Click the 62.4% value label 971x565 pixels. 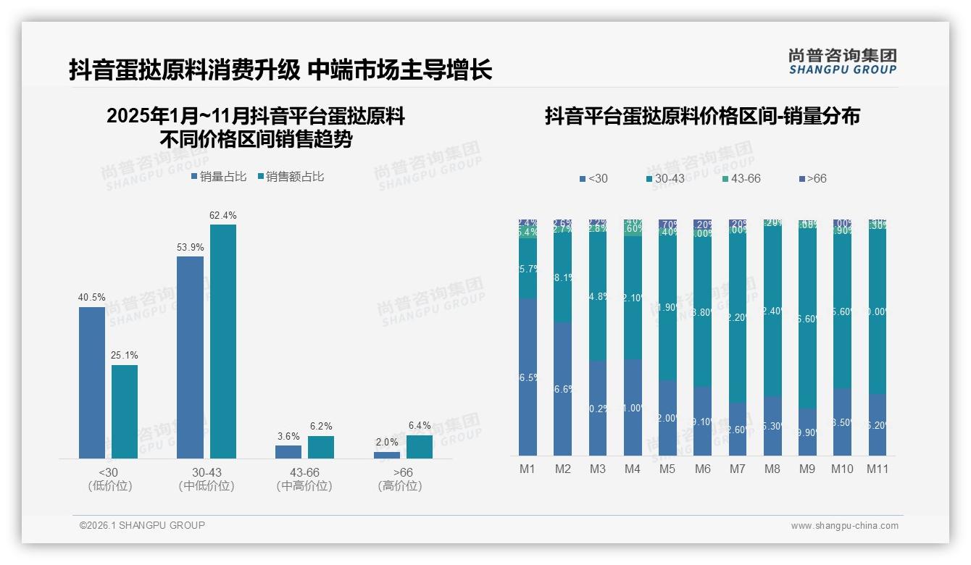[223, 216]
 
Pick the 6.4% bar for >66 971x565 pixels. [420, 447]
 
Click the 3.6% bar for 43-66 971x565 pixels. [288, 452]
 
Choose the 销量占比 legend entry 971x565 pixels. [220, 176]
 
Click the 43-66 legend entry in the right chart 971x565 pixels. [741, 178]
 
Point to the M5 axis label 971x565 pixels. [667, 469]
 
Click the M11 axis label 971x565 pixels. [878, 469]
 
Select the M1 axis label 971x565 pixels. [528, 469]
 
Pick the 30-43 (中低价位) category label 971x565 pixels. [207, 480]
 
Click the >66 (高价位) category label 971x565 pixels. [399, 480]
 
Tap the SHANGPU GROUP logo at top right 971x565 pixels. [842, 62]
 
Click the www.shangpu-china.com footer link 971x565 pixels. [844, 526]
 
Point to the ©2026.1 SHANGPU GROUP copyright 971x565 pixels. [142, 525]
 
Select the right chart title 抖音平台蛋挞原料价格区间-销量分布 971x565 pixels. [702, 116]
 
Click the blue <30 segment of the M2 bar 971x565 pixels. [563, 389]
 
